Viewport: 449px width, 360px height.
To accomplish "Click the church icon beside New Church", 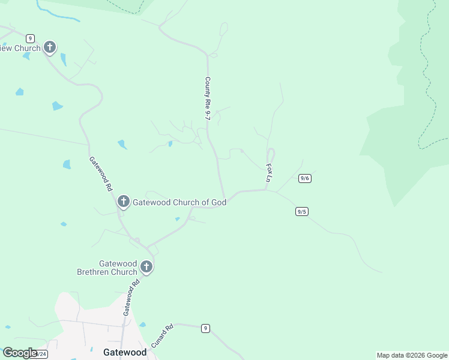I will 50,47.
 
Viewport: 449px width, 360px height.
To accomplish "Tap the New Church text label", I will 20,48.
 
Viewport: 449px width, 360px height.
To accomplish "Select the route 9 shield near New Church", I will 30,38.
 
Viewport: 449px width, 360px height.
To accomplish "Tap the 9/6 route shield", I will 304,178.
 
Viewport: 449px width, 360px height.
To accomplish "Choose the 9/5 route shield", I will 301,211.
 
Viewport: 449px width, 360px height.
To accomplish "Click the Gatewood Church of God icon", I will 123,202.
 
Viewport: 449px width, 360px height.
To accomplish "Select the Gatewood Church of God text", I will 179,202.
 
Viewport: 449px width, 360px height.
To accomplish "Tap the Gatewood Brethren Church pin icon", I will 145,266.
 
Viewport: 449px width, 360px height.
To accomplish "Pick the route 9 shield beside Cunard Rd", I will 205,328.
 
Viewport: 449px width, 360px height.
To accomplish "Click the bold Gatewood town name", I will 125,352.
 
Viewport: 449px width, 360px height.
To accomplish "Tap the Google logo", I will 19,353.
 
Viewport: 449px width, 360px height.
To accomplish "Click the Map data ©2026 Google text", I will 412,355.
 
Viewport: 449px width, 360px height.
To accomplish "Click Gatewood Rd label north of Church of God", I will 101,173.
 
